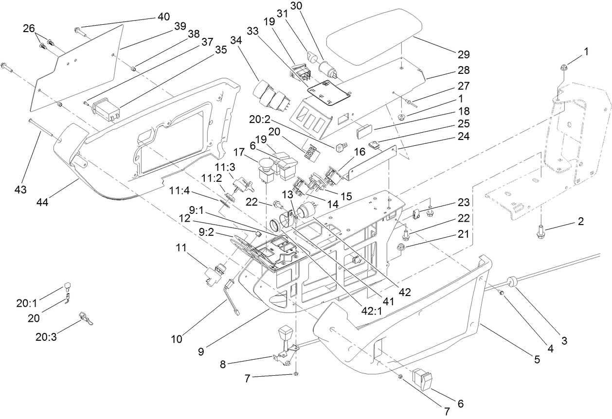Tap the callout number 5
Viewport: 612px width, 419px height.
(537, 360)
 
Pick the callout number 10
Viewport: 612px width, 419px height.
(177, 339)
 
